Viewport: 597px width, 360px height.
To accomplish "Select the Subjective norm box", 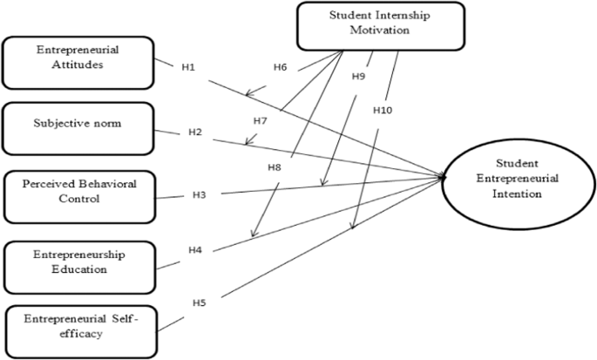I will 78,124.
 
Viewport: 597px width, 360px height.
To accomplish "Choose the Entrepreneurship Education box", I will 78,261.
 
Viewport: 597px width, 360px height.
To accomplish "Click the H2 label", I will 195,132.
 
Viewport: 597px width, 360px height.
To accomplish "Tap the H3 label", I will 199,193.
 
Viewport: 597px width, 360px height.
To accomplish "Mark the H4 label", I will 195,251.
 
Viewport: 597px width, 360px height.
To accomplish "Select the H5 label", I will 199,302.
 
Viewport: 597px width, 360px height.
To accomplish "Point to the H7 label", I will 261,119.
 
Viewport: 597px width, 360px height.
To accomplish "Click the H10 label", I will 383,111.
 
